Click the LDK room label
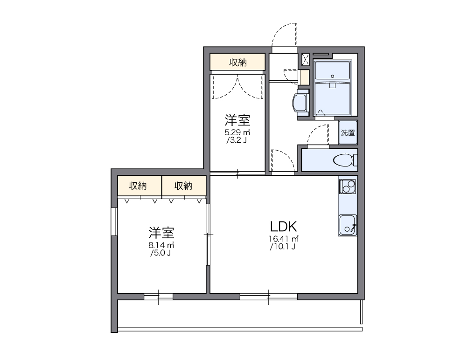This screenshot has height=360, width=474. [283, 227]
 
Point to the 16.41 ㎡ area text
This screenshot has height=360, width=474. [283, 239]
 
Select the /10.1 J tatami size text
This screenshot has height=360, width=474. [283, 247]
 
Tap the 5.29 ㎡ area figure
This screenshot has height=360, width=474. [237, 132]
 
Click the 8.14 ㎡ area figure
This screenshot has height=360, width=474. [161, 245]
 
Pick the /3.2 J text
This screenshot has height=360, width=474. [237, 140]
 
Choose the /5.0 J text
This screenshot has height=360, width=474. [161, 253]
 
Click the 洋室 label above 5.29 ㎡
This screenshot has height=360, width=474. [237, 120]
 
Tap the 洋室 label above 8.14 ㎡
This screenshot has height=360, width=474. [161, 232]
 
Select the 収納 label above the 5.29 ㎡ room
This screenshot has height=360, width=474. [238, 62]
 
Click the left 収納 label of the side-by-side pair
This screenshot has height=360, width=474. [139, 186]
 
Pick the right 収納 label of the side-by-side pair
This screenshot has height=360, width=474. [184, 186]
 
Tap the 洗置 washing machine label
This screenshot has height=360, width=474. [348, 132]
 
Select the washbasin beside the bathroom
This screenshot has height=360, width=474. [300, 102]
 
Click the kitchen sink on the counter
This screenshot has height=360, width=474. [347, 225]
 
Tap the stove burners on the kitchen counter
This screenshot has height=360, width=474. [347, 187]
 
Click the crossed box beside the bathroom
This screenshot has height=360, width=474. [306, 59]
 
